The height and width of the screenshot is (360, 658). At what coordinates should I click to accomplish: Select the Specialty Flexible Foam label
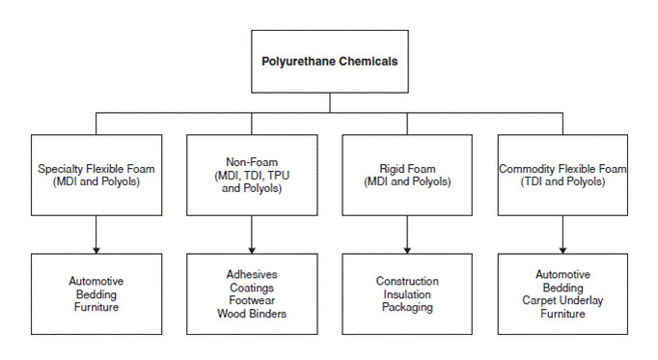coord(96,168)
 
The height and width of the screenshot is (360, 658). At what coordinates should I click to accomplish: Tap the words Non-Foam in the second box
coord(251,162)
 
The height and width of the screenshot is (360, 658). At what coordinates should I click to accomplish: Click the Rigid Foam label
coord(405,168)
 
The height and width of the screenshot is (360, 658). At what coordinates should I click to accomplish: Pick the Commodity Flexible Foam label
coord(562,168)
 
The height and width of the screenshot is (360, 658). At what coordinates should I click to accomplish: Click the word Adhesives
coord(251,274)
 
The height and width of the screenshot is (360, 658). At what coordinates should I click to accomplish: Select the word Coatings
coord(251,287)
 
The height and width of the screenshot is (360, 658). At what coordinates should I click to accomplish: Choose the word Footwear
coord(251,299)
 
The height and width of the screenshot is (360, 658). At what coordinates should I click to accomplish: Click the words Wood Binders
coord(251,313)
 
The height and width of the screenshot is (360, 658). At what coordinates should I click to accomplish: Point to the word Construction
coord(406,281)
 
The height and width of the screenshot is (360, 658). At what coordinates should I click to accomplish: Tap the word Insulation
coord(406,294)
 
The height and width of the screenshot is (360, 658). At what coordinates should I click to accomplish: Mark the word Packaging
coord(406,308)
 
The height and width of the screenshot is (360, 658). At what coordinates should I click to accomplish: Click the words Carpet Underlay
coord(562,300)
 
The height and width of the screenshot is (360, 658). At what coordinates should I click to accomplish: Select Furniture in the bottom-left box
coord(96,308)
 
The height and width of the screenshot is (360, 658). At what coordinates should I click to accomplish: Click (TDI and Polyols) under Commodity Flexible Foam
coord(562,181)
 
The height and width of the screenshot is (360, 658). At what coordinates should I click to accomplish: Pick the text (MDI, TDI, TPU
coord(251,175)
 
